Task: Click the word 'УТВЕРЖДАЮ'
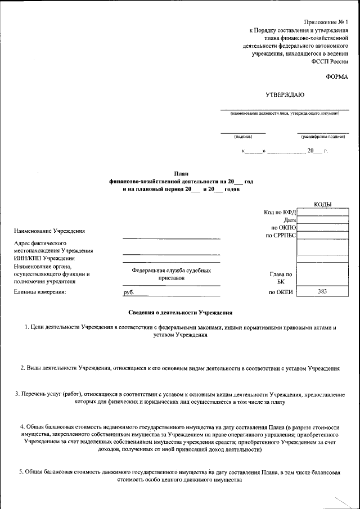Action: pos(285,95)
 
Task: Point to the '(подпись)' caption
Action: pos(243,136)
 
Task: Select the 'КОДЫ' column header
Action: pos(322,204)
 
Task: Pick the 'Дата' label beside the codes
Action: pos(290,219)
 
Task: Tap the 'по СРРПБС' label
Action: pos(281,235)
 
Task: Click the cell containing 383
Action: pos(322,291)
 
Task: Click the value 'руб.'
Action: pos(129,292)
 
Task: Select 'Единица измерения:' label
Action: pos(40,291)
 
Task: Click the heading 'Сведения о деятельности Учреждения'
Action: pos(181,313)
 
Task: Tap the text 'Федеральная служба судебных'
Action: pos(172,271)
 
